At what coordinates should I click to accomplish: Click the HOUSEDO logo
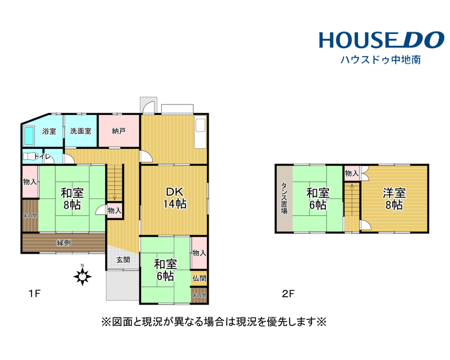(x=382, y=40)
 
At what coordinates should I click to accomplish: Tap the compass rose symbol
(x=82, y=276)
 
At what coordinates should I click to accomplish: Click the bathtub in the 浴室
(x=29, y=136)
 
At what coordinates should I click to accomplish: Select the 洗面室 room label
(x=81, y=131)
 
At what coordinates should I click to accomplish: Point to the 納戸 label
(x=119, y=131)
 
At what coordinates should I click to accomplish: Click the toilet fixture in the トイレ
(x=29, y=157)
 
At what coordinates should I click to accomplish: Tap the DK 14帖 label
(x=175, y=198)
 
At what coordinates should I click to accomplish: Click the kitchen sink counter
(x=200, y=133)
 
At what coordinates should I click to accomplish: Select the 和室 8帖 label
(x=72, y=199)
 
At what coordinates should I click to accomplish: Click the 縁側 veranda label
(x=64, y=243)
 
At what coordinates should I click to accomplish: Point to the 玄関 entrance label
(x=123, y=260)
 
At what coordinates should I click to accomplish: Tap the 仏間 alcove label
(x=199, y=278)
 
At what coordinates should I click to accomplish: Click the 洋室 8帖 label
(x=394, y=199)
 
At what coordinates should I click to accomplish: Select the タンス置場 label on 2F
(x=284, y=198)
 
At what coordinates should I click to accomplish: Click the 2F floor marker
(x=288, y=294)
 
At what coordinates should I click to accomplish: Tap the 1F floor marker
(x=34, y=294)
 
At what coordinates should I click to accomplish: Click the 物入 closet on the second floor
(x=351, y=173)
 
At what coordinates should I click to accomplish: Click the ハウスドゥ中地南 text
(x=381, y=60)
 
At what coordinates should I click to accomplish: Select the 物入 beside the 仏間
(x=199, y=253)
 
